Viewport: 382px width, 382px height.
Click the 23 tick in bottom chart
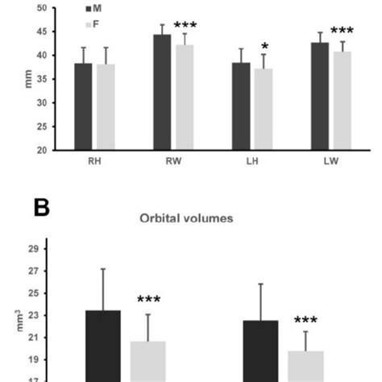[36, 316]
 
